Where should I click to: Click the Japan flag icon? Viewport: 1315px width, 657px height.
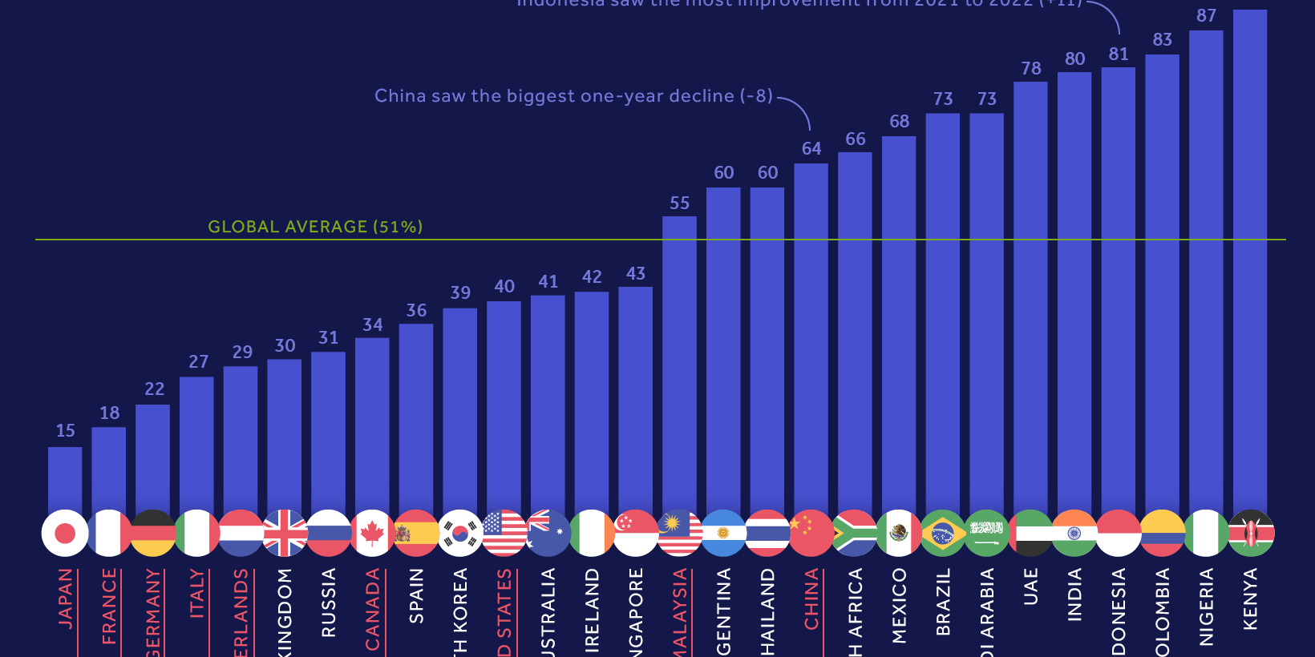point(65,533)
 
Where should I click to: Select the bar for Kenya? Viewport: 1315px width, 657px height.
point(1249,256)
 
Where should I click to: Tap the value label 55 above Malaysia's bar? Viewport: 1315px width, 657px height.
point(679,204)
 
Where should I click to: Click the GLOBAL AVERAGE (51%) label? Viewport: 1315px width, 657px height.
point(315,227)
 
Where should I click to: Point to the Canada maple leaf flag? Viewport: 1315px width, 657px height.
point(372,533)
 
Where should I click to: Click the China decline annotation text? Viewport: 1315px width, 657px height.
point(573,96)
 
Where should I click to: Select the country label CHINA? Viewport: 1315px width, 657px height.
point(811,599)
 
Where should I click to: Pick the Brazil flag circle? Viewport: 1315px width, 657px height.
point(943,533)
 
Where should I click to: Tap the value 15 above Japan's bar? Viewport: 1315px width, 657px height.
point(65,431)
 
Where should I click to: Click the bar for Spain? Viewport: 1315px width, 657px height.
point(416,417)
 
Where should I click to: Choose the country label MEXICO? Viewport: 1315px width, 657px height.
point(899,606)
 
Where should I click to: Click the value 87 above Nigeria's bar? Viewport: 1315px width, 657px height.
point(1206,16)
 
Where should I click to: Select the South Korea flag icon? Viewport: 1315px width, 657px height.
point(460,533)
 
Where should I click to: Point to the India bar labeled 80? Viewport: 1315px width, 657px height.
point(1074,288)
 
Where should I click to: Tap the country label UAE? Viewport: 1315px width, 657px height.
point(1030,586)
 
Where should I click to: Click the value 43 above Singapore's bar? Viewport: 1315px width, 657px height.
point(635,274)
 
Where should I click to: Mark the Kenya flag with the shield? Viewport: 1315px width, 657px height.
point(1250,533)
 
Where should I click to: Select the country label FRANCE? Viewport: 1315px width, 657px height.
point(109,606)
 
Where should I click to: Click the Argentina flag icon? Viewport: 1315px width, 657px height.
point(723,533)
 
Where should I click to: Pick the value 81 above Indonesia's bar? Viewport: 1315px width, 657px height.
point(1119,54)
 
